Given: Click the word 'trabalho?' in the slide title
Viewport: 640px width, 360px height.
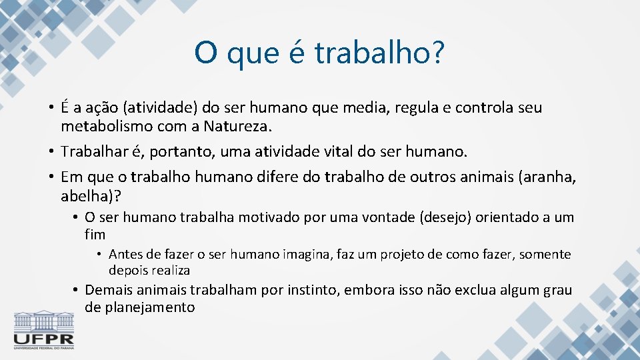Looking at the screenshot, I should (x=379, y=53).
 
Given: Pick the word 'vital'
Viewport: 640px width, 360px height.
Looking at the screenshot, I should (x=335, y=151).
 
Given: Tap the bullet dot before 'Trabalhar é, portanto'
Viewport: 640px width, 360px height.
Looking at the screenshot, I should (x=51, y=152).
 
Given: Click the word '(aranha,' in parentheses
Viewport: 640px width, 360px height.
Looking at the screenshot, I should (x=551, y=177).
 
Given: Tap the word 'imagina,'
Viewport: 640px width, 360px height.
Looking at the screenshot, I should (x=307, y=255).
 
